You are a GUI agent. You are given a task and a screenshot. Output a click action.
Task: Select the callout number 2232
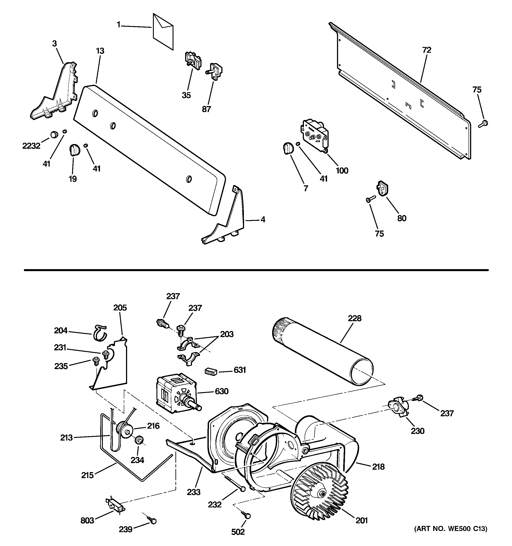click(x=31, y=146)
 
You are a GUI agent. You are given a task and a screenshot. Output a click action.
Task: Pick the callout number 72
click(x=427, y=50)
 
